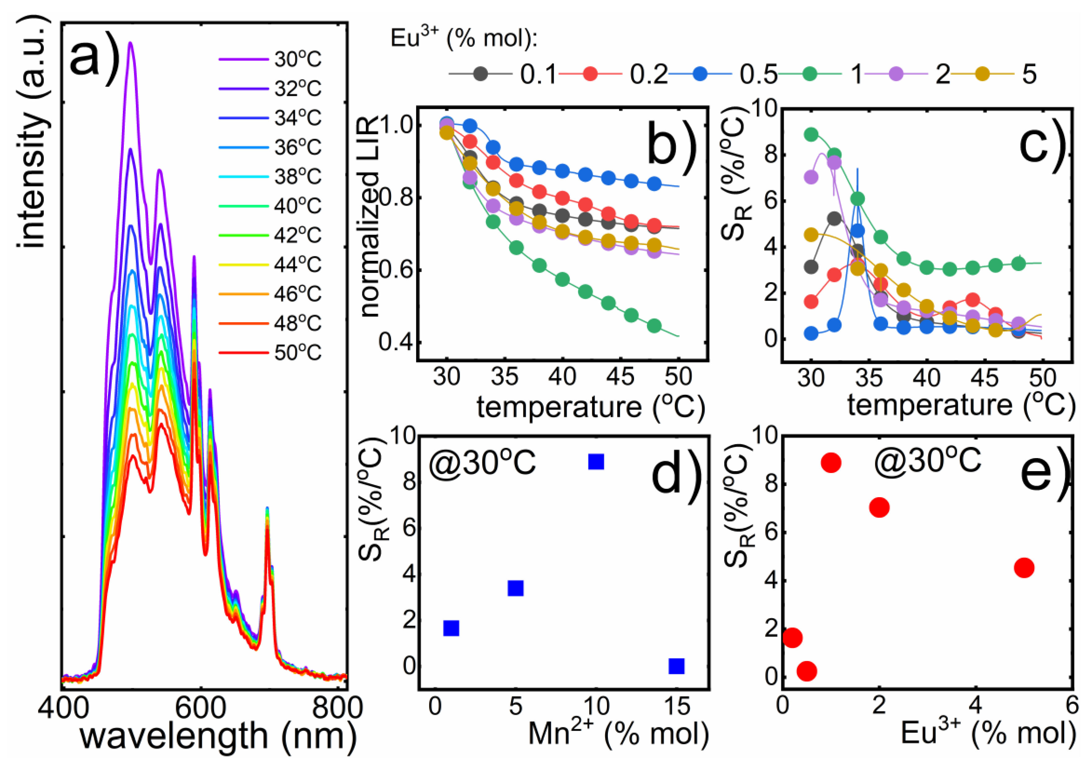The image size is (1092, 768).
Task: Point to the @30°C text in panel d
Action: pyautogui.click(x=482, y=462)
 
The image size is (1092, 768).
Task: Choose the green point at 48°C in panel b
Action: pyautogui.click(x=654, y=326)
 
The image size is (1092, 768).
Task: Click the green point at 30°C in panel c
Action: pyautogui.click(x=811, y=135)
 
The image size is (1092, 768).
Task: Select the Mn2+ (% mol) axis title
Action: pyautogui.click(x=618, y=734)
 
